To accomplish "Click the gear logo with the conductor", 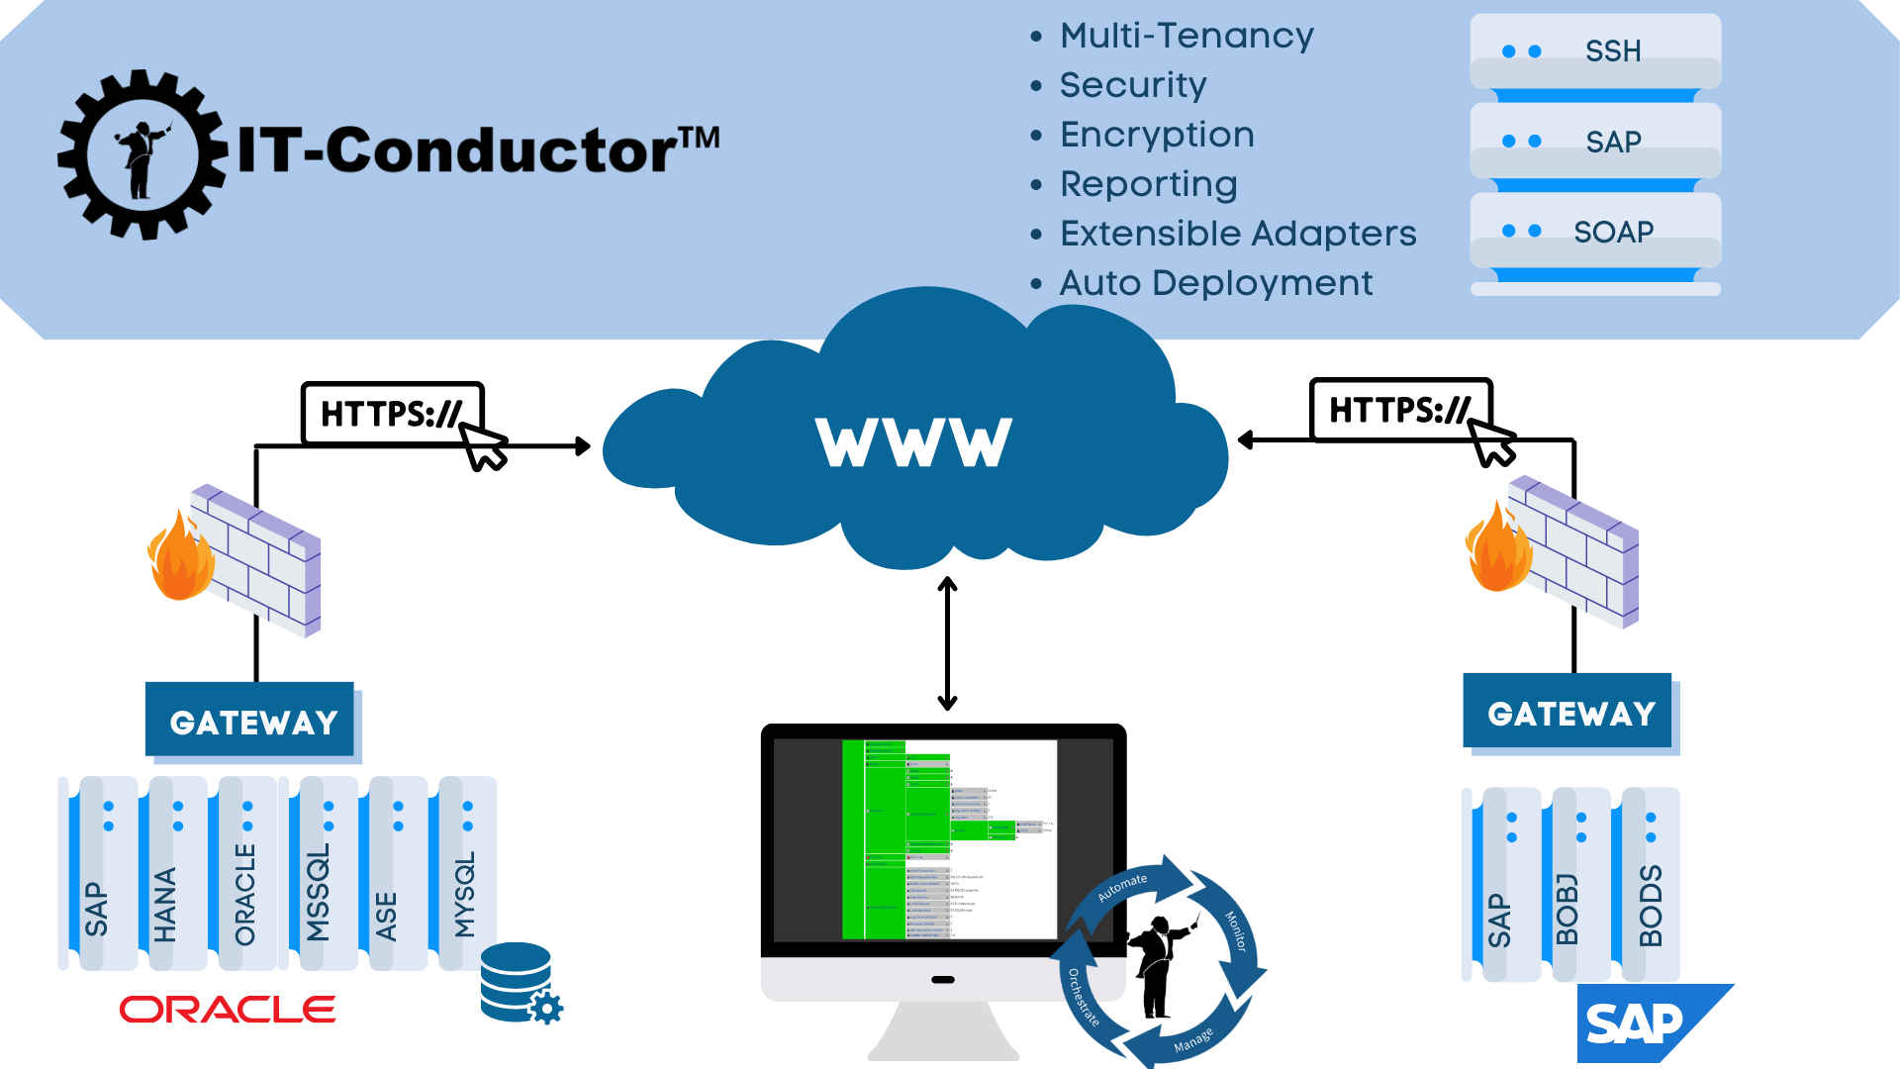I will [142, 154].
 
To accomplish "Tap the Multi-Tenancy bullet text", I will [1186, 36].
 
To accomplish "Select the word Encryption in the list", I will [1156, 135].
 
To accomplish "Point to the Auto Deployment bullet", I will [1215, 283].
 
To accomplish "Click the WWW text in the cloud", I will [913, 442].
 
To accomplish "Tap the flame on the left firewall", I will [179, 560].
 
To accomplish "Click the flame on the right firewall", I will [1497, 550].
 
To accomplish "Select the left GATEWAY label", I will [253, 723].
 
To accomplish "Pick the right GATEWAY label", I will [1570, 714].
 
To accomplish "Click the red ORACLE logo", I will [228, 1010].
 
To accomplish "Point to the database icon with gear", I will [519, 983].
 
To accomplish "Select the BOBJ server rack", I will [1578, 884].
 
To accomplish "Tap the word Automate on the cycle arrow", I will [1123, 887].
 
